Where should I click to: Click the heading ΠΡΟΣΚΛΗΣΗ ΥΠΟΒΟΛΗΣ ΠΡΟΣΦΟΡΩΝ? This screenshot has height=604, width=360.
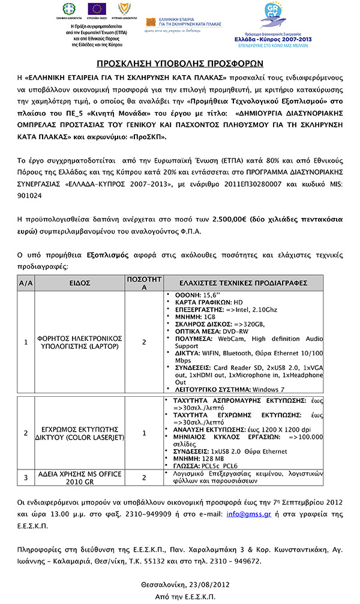click(180, 64)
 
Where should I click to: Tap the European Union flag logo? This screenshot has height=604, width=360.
click(97, 9)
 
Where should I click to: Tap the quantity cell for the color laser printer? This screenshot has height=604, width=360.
click(144, 433)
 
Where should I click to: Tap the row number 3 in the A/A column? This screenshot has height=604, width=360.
click(26, 478)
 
